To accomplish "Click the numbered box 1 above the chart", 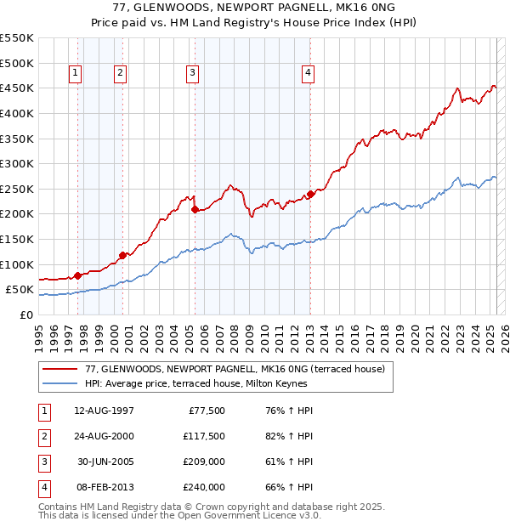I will coord(76,74).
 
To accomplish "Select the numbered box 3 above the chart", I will coord(194,74).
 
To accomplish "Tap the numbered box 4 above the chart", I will coord(306,74).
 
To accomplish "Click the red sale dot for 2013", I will coord(310,194).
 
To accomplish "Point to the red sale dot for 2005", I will coord(195,209).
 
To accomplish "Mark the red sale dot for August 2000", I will coord(122,255).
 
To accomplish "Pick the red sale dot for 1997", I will coord(77,275).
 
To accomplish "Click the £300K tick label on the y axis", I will coord(17,163).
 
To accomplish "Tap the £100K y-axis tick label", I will coord(17,264).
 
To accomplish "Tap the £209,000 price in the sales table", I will coord(204,463).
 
